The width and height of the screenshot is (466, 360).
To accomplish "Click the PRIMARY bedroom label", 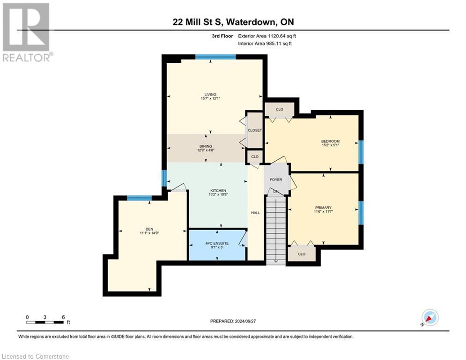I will click(323, 208).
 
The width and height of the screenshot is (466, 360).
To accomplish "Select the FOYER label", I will click(276, 180).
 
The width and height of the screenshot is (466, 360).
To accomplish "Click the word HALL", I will click(255, 213).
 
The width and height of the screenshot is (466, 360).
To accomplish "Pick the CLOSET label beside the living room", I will click(255, 130).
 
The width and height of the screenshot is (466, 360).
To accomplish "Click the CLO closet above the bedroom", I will click(280, 109).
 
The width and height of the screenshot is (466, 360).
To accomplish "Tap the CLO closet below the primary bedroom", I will click(302, 254).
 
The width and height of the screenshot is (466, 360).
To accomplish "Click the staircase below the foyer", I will click(275, 230).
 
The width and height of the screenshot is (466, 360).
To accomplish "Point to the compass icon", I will click(429, 318).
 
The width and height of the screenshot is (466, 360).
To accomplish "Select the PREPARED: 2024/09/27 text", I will click(233, 321).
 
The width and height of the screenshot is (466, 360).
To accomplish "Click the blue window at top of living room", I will click(215, 57).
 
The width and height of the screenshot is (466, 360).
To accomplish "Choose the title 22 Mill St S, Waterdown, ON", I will click(232, 22).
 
